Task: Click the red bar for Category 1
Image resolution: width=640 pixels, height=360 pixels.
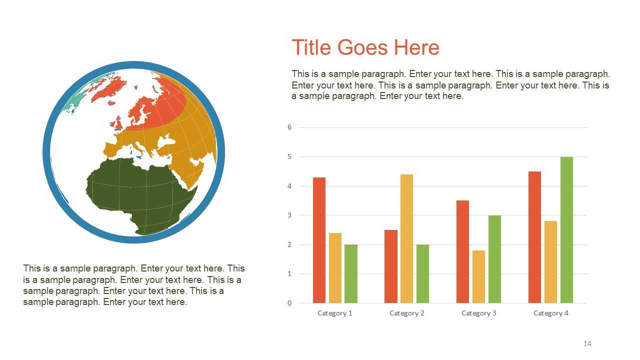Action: [x=319, y=240]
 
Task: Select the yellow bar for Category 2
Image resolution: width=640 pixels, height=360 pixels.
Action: [x=406, y=238]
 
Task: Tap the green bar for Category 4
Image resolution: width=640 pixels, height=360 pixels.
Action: [x=566, y=230]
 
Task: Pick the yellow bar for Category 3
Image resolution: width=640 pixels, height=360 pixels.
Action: [x=478, y=276]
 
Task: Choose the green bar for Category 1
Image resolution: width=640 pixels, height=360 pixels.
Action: [x=351, y=273]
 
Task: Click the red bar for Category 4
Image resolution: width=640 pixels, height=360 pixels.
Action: [x=534, y=237]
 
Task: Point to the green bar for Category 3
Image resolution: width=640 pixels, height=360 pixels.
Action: [x=494, y=259]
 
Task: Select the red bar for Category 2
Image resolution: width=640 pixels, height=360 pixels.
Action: [x=391, y=266]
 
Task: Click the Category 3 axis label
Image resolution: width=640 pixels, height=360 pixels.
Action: [x=479, y=313]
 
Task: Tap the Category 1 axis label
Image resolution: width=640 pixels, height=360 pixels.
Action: [x=335, y=313]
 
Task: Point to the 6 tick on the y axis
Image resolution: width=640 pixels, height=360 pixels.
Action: [x=289, y=127]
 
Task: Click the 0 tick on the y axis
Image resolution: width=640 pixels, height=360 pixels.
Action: [x=289, y=303]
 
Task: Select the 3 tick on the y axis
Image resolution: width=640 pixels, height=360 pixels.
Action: [x=289, y=215]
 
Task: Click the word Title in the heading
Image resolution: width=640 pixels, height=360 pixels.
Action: [x=311, y=47]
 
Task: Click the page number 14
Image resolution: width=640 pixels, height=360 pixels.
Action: [x=587, y=343]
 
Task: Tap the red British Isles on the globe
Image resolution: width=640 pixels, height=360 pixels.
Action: [x=118, y=122]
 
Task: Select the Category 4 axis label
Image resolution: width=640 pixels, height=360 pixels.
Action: [x=551, y=313]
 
